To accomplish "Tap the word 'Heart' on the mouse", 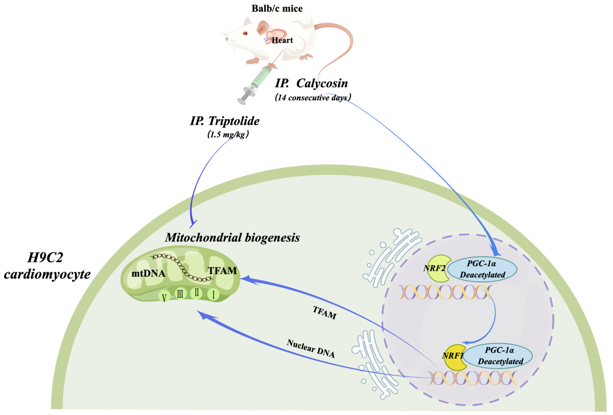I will (x=282, y=41).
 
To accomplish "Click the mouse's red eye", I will (x=245, y=33).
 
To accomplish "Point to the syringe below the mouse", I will (x=255, y=84).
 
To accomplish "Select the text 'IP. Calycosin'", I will (x=311, y=83).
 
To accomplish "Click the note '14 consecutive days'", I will (x=313, y=97).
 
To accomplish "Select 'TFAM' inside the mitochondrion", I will (x=222, y=271).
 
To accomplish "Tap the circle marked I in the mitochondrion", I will (x=214, y=294).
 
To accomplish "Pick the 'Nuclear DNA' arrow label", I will (x=311, y=349).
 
